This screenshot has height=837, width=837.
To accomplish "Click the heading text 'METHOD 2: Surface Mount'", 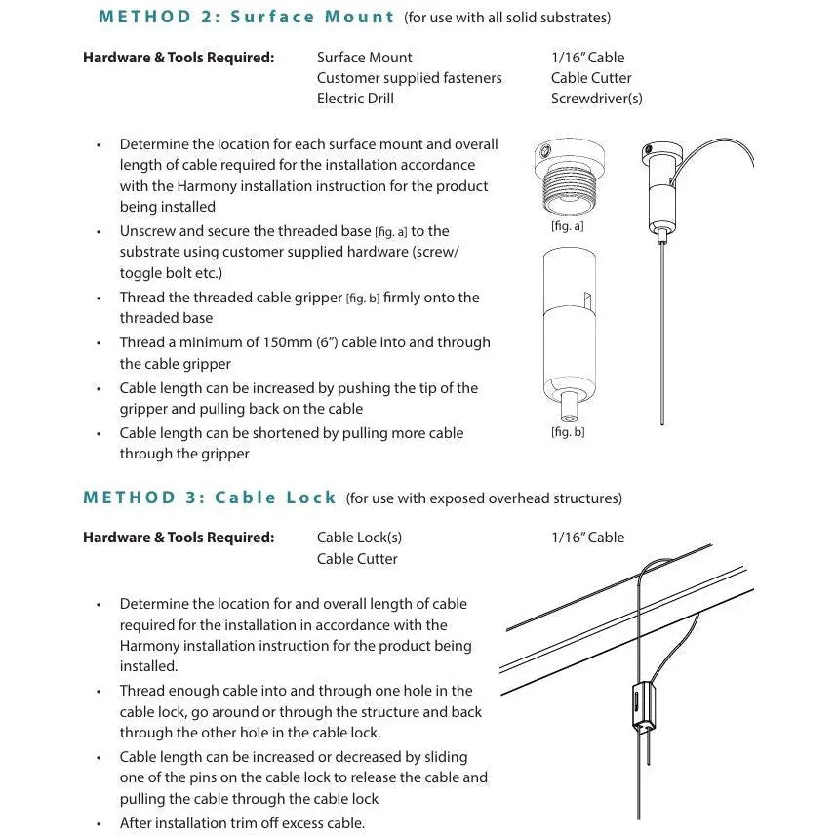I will (246, 17).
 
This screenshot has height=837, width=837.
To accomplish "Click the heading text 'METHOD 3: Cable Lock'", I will (210, 498).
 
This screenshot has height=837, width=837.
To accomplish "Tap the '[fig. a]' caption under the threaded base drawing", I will (567, 226).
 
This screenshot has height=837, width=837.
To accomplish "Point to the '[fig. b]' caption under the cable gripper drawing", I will (567, 431).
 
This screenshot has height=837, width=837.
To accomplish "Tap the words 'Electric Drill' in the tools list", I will (355, 99).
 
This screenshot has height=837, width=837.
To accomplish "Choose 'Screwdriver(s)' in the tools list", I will (596, 99).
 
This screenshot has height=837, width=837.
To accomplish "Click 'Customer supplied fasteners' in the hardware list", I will (409, 78).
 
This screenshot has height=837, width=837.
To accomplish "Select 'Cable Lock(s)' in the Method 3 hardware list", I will (359, 538).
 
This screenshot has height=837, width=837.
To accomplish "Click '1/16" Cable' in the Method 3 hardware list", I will (587, 538).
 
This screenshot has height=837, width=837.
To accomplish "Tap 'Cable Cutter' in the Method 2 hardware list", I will (591, 78).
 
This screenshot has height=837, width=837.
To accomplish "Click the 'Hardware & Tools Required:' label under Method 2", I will (179, 58).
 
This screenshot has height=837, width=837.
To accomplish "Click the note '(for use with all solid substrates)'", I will (507, 18).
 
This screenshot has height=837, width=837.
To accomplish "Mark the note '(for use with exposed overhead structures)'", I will (484, 498).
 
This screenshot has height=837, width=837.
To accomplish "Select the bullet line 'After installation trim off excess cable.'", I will (242, 823).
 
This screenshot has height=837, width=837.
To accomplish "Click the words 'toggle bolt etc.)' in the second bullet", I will (171, 273).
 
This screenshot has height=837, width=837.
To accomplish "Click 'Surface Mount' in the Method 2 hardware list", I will (364, 58).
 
